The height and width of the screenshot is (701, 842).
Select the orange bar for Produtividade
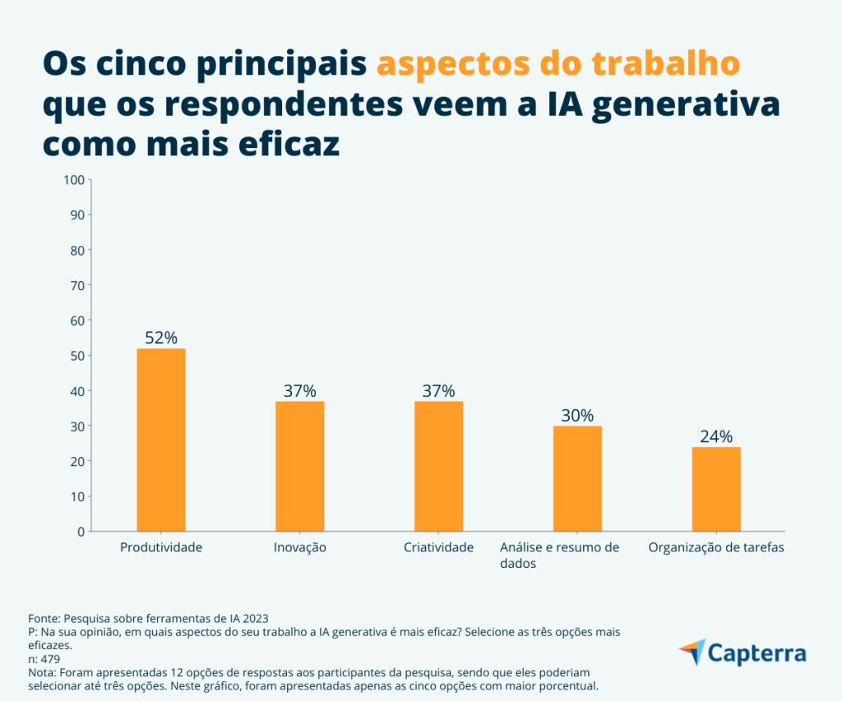161,440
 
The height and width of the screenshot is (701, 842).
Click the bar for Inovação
300,466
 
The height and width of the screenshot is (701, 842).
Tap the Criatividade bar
439,466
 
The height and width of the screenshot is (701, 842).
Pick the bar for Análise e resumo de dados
577,478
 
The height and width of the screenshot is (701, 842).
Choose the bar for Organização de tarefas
716,489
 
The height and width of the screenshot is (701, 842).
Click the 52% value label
161,338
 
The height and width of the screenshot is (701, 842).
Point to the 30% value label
577,415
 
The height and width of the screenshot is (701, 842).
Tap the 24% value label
716,436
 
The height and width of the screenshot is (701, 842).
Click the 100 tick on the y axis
74,179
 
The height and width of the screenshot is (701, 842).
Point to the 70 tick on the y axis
77,285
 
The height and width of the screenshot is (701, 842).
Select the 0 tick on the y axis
81,532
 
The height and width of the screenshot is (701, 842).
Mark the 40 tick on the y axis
77,391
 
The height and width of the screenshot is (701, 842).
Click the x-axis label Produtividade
161,547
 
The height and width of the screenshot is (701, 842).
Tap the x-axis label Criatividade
439,547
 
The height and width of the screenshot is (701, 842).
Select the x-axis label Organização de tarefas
716,547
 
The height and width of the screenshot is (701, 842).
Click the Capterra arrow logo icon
692,653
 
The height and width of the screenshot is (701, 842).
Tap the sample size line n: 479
45,658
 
